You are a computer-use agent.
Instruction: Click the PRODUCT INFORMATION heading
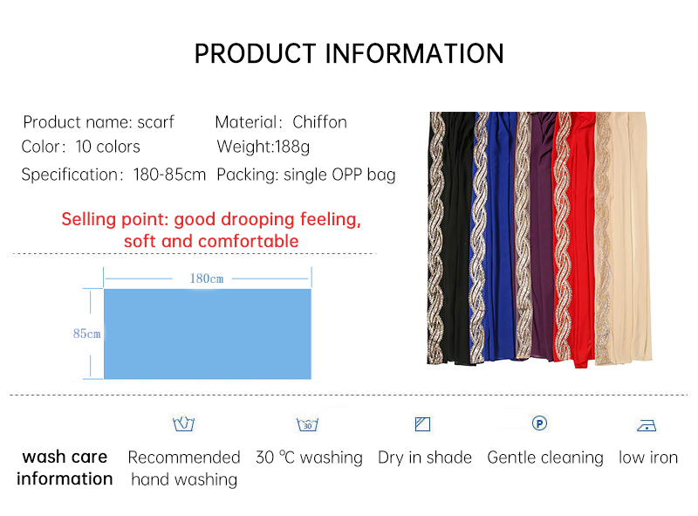pos(349,53)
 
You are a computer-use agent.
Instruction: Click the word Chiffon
pos(319,122)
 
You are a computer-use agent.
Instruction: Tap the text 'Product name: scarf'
pos(99,122)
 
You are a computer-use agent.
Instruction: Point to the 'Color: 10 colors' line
pos(80,147)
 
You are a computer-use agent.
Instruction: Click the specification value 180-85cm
pos(169,175)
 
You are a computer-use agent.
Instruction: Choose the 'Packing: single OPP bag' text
pos(305,175)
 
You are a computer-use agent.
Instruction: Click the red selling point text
pos(211,230)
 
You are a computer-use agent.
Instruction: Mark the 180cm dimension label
pos(207,279)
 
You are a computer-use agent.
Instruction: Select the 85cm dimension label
pos(86,334)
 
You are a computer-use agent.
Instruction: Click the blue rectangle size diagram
pos(207,334)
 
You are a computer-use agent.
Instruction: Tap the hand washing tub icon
pos(183,424)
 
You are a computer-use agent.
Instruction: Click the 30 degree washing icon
pos(307,425)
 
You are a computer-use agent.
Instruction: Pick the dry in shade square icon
pos(423,425)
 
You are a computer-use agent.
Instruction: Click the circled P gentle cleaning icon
pos(539,423)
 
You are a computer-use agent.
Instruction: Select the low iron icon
pos(647,426)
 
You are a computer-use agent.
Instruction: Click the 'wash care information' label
pos(65,468)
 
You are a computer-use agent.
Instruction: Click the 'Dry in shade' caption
pos(425,458)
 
